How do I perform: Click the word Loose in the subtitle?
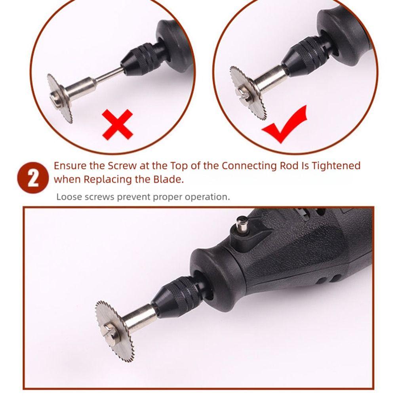pos(69,196)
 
